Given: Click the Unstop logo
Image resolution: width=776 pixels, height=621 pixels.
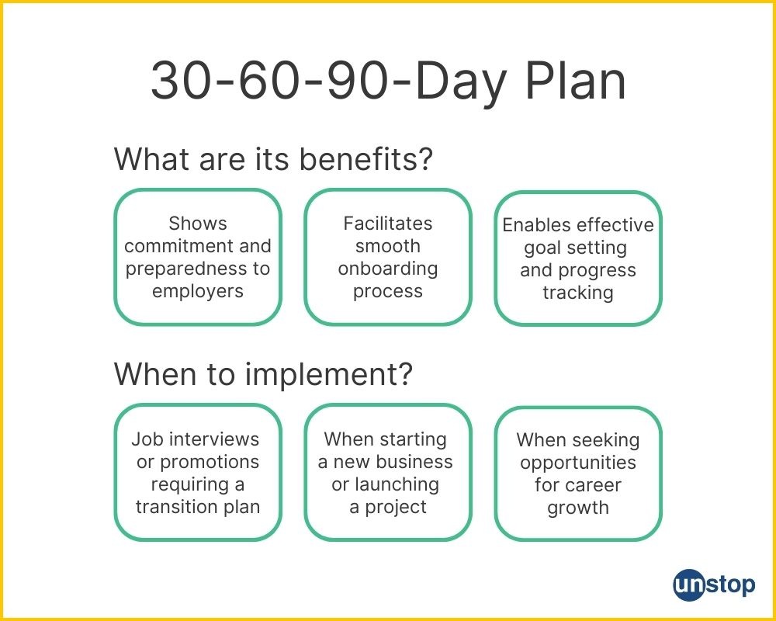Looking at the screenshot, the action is tap(714, 585).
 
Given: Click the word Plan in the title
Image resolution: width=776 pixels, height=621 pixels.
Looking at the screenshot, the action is tap(576, 81).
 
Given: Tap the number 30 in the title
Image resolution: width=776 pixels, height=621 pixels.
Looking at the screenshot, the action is tap(181, 81).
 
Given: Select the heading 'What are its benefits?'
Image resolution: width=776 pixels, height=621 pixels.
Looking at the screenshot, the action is tap(273, 159).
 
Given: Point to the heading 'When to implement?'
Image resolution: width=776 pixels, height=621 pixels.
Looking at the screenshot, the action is tap(263, 374).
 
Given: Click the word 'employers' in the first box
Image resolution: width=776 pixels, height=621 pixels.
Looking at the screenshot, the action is tap(198, 291).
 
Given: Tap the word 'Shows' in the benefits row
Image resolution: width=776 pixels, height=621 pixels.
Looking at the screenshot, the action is tap(198, 224).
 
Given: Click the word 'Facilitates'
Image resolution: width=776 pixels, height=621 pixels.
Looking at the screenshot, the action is tap(388, 224).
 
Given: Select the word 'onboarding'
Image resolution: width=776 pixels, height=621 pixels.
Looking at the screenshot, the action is tap(388, 269).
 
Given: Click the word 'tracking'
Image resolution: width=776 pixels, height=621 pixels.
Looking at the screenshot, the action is tap(578, 293).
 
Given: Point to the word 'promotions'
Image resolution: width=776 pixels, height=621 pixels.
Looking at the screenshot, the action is tap(210, 462).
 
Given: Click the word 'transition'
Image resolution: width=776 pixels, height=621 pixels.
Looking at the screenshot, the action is tap(167, 507).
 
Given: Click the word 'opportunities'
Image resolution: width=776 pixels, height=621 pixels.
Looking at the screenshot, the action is tap(578, 463).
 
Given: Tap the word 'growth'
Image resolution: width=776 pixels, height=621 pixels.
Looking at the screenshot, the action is tap(578, 508).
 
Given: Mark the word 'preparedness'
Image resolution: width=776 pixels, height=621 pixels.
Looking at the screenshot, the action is tap(186, 269).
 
